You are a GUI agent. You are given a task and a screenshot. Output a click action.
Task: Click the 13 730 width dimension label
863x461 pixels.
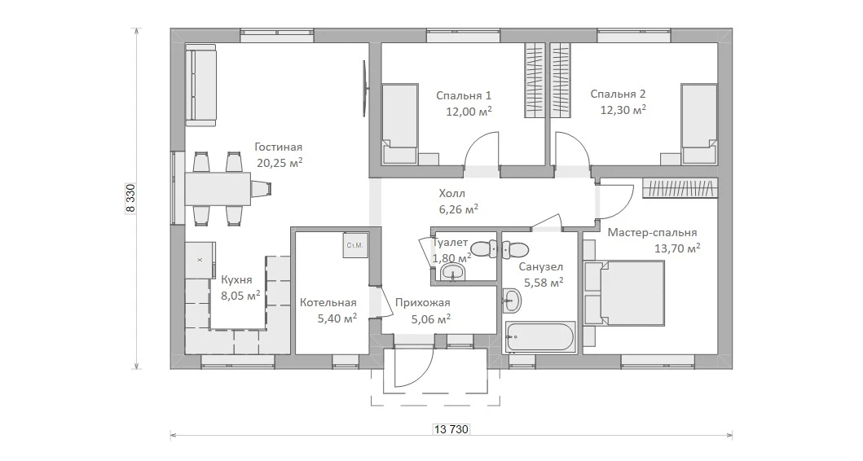tap(451, 428)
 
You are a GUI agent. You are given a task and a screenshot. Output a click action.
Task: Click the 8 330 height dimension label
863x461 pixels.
tap(130, 197)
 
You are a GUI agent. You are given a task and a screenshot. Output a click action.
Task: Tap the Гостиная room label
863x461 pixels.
tap(279, 147)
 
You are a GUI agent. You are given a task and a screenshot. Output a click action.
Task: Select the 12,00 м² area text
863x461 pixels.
tap(469, 112)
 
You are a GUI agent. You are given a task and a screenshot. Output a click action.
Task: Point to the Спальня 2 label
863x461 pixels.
tap(618, 94)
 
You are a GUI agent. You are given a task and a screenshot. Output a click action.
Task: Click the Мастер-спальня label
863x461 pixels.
tap(652, 233)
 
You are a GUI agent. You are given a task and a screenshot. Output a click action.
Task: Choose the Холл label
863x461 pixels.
tap(451, 194)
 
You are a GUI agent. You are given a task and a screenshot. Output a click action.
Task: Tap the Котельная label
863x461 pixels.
tap(328, 302)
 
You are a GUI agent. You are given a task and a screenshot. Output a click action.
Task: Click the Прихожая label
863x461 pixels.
tap(423, 302)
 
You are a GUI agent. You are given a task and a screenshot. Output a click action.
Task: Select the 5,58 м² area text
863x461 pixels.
tap(544, 283)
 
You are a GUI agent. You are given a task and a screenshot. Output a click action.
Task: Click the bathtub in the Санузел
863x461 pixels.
tap(540, 338)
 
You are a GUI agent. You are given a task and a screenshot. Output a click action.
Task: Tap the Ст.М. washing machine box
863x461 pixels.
tap(355, 245)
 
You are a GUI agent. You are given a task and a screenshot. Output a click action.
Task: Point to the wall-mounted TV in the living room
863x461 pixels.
tap(364, 88)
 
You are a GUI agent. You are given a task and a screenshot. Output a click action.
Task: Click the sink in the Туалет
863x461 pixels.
tap(453, 272)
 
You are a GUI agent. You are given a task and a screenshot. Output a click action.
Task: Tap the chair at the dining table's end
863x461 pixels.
tap(262, 188)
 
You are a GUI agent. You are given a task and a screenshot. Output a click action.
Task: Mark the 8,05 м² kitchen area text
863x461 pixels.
tap(240, 296)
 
